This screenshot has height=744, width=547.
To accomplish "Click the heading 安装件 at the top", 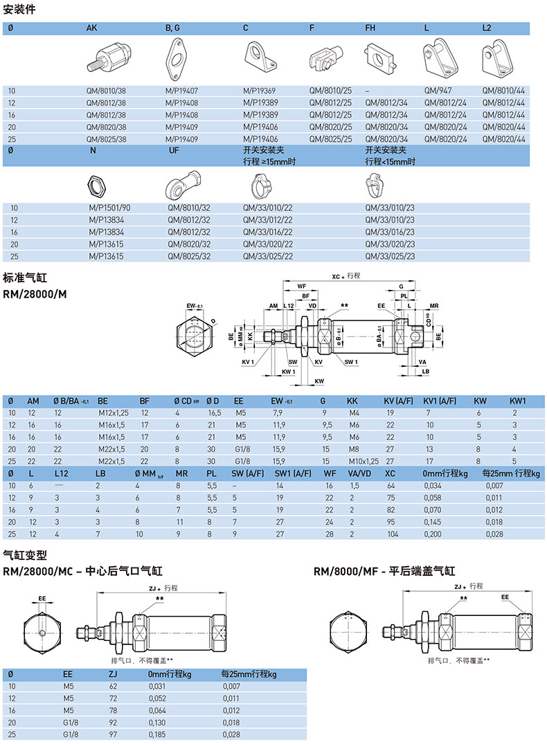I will point(19,10).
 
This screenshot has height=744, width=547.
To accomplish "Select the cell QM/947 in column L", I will point(436,90).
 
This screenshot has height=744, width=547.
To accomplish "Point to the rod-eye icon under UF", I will point(181,185).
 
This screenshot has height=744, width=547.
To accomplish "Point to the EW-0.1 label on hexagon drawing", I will point(195,305).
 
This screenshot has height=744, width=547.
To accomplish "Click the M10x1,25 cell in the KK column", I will point(364,461).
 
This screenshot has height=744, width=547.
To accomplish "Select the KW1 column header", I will point(519,401).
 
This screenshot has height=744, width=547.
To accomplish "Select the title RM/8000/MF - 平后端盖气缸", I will point(384,572).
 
